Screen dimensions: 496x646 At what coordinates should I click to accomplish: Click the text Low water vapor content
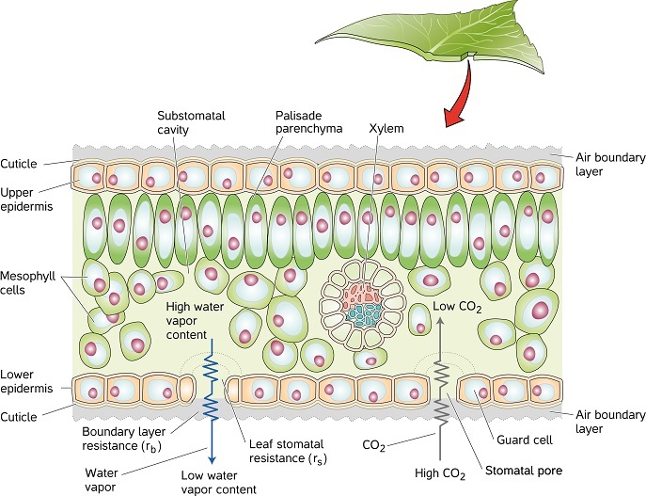[218, 480]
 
